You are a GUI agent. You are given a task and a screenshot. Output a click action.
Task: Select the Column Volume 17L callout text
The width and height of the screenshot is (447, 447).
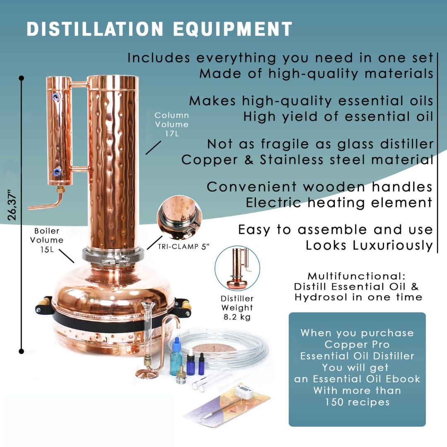pos(172,124)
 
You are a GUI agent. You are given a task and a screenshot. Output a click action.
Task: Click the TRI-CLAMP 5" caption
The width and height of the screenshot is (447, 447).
pos(184,246)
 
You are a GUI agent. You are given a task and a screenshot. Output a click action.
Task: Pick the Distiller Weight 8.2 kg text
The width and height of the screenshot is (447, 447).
pos(237,308)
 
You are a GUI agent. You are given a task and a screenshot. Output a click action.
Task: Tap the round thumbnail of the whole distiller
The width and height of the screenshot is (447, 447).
pos(238,268)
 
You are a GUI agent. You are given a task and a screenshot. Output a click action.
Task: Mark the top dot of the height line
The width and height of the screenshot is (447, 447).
pos(22,78)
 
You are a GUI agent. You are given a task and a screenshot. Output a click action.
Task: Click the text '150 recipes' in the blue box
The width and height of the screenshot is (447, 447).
pos(357,401)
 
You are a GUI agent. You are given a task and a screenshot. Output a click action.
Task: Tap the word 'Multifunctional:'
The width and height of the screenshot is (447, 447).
pos(356,276)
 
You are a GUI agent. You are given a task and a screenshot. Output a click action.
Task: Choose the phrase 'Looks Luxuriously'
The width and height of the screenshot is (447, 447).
pos(369,245)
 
